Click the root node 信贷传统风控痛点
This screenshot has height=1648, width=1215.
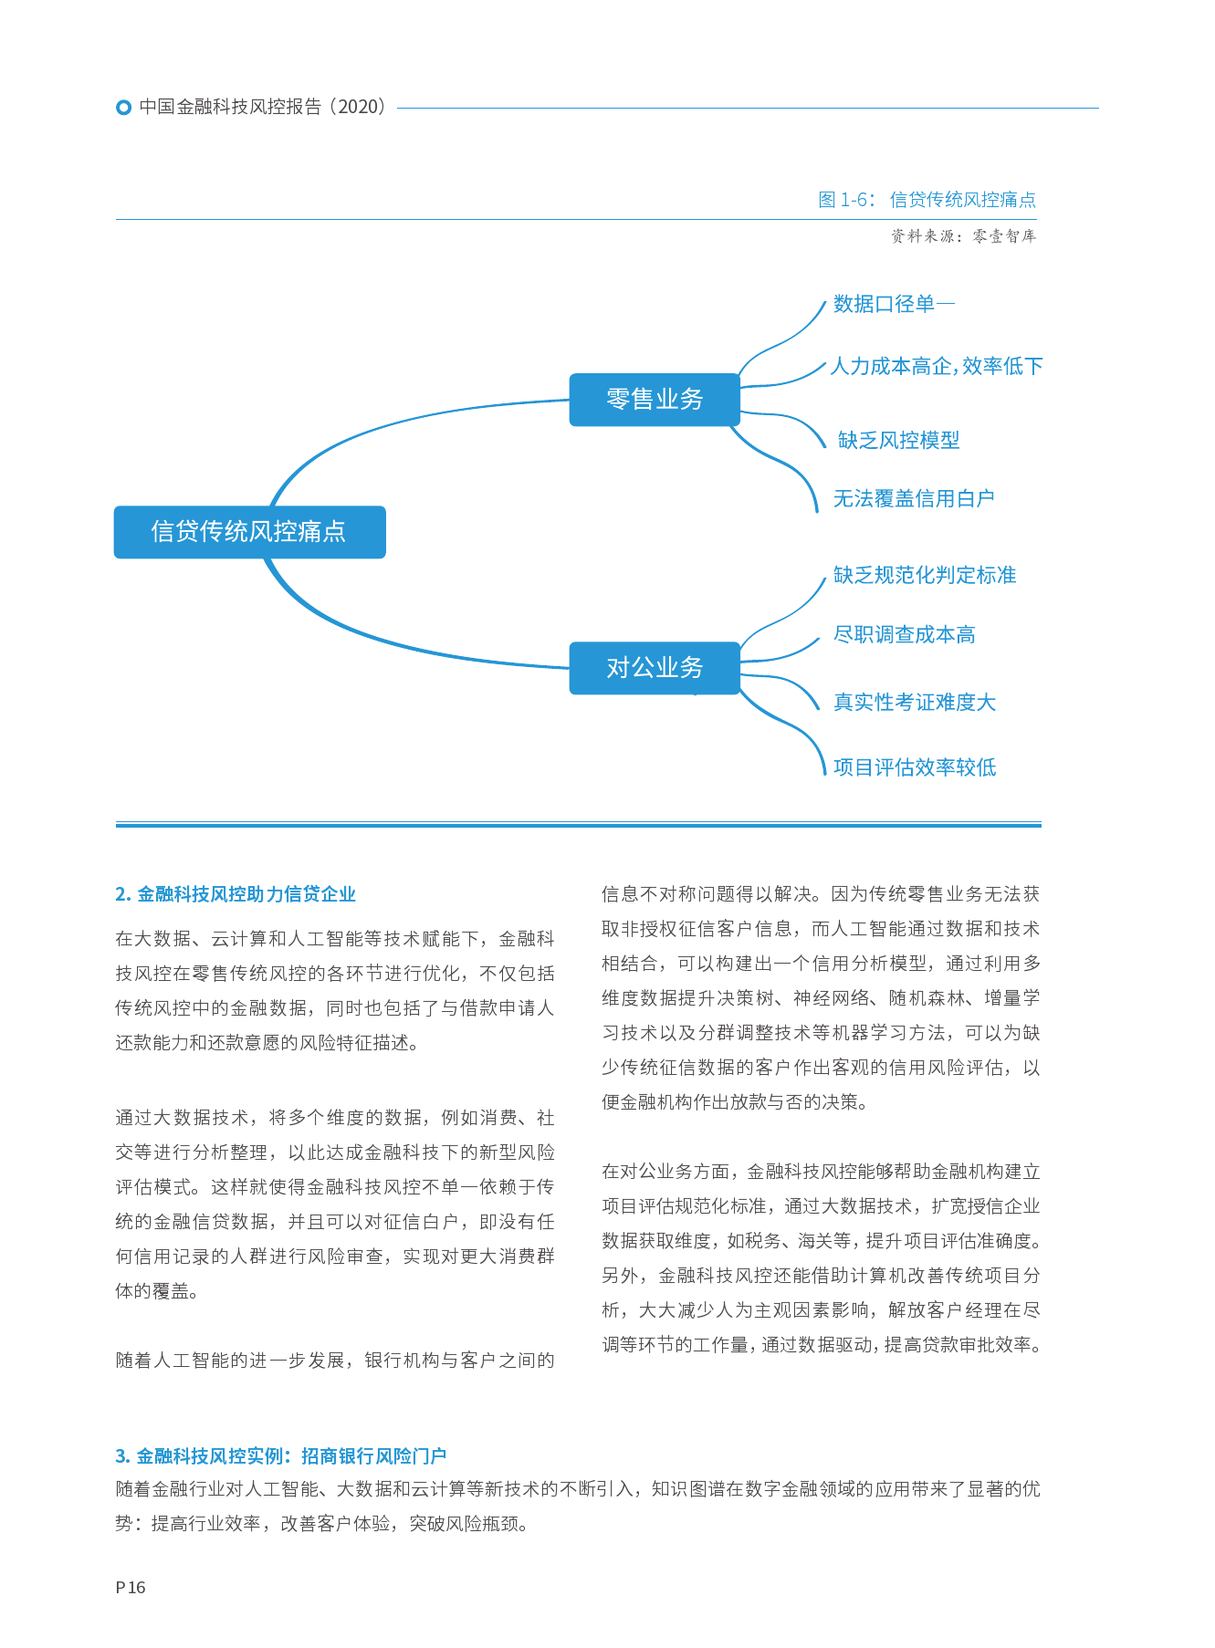[249, 531]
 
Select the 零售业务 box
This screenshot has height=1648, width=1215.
[654, 399]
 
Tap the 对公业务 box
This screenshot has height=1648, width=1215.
[654, 668]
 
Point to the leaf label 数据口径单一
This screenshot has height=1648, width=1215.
[893, 304]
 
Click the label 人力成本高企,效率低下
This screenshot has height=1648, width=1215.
[936, 366]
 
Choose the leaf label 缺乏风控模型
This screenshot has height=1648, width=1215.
[898, 440]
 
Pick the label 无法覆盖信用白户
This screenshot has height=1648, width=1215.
[913, 498]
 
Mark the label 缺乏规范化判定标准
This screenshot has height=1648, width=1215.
[924, 575]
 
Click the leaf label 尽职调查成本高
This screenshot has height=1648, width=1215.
[904, 634]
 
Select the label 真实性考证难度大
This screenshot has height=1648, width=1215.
[914, 702]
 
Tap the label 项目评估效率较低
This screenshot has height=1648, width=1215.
[914, 767]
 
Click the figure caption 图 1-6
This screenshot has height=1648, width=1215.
[927, 200]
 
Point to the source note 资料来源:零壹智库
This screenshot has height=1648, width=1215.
[963, 236]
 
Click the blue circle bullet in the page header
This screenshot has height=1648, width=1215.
[124, 108]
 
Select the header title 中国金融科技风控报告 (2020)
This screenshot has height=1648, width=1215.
[263, 107]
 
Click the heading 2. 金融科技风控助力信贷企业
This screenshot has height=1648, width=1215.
[236, 894]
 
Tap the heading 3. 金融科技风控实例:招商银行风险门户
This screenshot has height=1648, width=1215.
[281, 1455]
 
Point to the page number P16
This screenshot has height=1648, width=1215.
[131, 1587]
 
